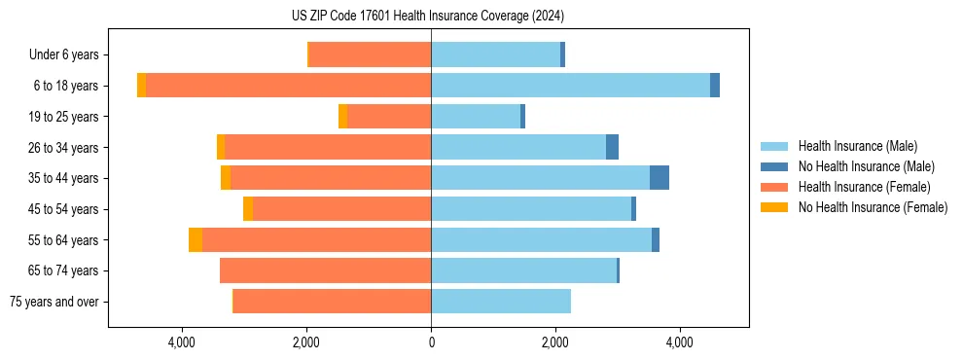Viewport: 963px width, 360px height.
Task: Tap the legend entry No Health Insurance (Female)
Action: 873,207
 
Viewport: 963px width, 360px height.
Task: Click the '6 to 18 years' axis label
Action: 65,86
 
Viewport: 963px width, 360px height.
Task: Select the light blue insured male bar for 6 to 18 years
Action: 570,86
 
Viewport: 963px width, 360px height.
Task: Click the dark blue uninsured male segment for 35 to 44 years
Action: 660,178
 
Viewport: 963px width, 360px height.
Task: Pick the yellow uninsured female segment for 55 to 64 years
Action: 196,240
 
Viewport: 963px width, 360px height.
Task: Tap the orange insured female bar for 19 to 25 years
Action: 389,117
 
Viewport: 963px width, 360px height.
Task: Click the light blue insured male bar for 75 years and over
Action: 501,302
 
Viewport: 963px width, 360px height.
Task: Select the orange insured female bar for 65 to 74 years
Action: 326,270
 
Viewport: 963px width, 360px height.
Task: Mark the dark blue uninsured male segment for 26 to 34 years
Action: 612,147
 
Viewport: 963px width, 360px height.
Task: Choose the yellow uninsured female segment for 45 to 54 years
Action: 248,209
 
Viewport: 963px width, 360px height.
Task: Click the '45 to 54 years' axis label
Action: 63,209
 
